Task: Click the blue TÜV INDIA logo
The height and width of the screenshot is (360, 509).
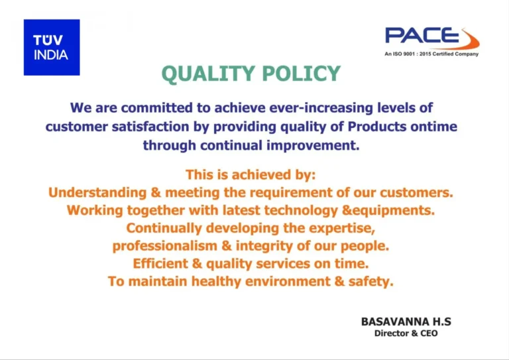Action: (x=52, y=47)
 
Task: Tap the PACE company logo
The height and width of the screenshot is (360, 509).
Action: (x=432, y=38)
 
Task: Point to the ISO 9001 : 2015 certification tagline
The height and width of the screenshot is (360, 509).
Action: (x=431, y=54)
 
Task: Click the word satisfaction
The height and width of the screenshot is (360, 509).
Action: (x=150, y=127)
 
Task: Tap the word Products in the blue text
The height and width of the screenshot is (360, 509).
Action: (x=377, y=127)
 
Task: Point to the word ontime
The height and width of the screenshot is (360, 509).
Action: (x=433, y=127)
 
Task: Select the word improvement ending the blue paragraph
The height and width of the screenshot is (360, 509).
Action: (x=313, y=146)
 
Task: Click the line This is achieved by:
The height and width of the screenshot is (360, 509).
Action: (x=251, y=175)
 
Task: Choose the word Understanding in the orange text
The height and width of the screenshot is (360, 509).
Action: (x=97, y=193)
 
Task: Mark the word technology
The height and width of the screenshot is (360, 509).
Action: (x=301, y=211)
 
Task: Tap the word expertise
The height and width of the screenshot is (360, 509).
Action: (x=342, y=228)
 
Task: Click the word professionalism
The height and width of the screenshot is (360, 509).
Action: (x=164, y=246)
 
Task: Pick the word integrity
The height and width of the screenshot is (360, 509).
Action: (x=264, y=246)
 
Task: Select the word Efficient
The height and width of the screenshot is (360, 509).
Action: (x=160, y=263)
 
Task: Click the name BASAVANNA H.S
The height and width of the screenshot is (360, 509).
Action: (x=406, y=322)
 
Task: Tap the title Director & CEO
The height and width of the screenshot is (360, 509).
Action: (x=406, y=333)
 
